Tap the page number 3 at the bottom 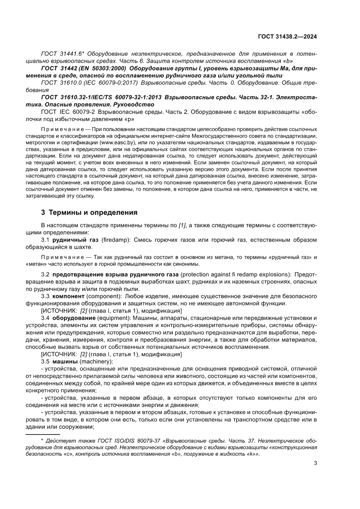pos(315,463)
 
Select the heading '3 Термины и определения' pos(89,213)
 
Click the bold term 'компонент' pos(68,296)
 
